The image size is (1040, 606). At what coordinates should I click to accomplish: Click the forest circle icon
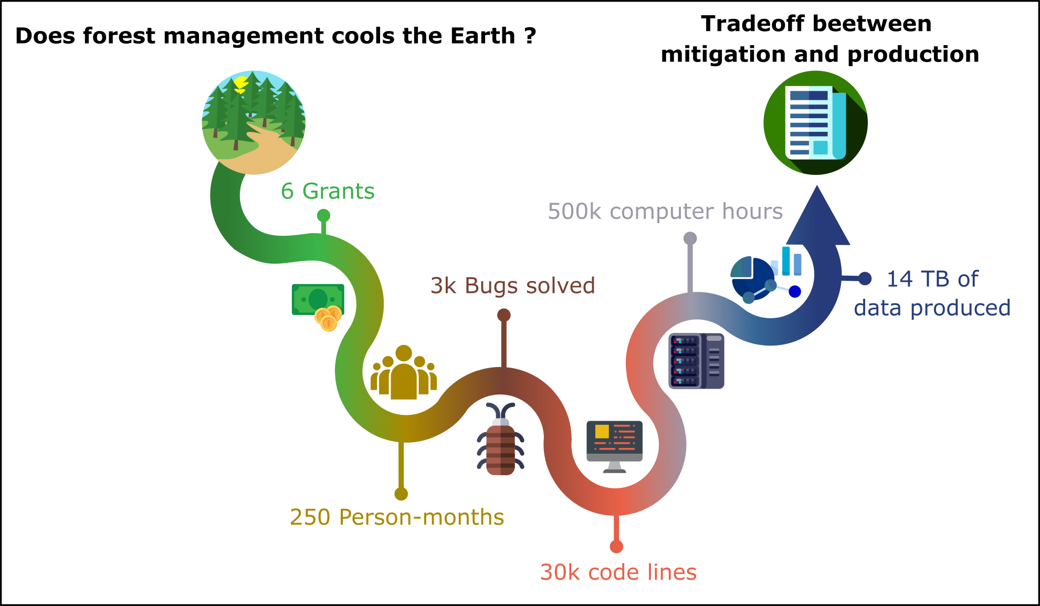pyautogui.click(x=254, y=122)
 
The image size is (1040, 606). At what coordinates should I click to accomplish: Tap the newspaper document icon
pyautogui.click(x=815, y=122)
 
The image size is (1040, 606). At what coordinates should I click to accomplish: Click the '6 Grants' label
pyautogui.click(x=328, y=191)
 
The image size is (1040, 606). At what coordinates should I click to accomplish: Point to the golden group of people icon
pyautogui.click(x=404, y=372)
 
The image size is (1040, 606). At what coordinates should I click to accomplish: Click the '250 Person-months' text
pyautogui.click(x=397, y=517)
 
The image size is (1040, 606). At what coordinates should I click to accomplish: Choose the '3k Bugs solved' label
pyautogui.click(x=512, y=286)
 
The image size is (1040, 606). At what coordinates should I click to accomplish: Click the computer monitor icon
pyautogui.click(x=614, y=446)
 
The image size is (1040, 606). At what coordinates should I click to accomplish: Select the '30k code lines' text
pyautogui.click(x=618, y=572)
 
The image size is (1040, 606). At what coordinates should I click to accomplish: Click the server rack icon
pyautogui.click(x=696, y=361)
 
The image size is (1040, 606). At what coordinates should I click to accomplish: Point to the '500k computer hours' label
pyautogui.click(x=665, y=212)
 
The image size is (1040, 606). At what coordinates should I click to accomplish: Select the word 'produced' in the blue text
pyautogui.click(x=960, y=308)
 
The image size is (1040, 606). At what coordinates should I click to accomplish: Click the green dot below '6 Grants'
pyautogui.click(x=323, y=215)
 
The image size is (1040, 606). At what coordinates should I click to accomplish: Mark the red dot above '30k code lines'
pyautogui.click(x=616, y=547)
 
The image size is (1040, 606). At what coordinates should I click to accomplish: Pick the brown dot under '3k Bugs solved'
pyautogui.click(x=503, y=315)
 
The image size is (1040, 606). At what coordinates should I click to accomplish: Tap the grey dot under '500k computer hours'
pyautogui.click(x=690, y=238)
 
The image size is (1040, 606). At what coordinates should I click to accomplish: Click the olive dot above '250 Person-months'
pyautogui.click(x=401, y=494)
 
